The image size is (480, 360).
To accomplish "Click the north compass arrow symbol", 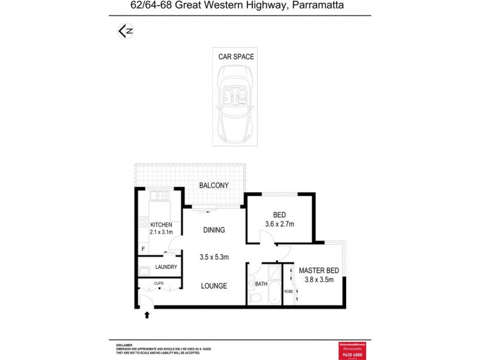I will pyautogui.click(x=125, y=32).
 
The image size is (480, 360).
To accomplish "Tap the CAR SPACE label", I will pyautogui.click(x=236, y=57).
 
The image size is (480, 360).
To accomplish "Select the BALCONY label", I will pyautogui.click(x=214, y=186).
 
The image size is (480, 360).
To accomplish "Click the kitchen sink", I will pyautogui.click(x=160, y=196).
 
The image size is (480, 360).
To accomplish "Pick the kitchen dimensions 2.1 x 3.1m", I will pyautogui.click(x=161, y=232).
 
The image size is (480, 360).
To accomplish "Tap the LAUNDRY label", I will pyautogui.click(x=166, y=267).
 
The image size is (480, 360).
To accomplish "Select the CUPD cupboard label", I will pyautogui.click(x=159, y=283).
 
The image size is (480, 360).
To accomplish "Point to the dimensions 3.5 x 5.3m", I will pyautogui.click(x=214, y=257).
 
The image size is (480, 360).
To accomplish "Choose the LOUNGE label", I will pyautogui.click(x=214, y=286).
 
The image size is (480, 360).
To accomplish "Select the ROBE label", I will pyautogui.click(x=288, y=291).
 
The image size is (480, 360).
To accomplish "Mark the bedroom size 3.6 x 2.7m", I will pyautogui.click(x=279, y=224).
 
